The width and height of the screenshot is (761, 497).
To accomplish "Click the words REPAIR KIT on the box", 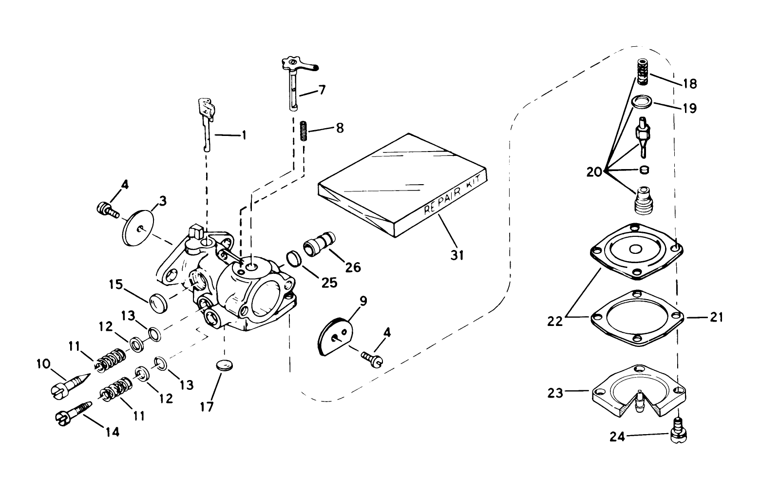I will click(452, 195).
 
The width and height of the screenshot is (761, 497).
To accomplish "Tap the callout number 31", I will click(457, 255).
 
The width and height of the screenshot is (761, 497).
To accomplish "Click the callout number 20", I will click(594, 172).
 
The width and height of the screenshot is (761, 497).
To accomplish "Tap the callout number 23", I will click(555, 393).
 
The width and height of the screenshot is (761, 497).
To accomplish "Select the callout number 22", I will click(555, 322).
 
